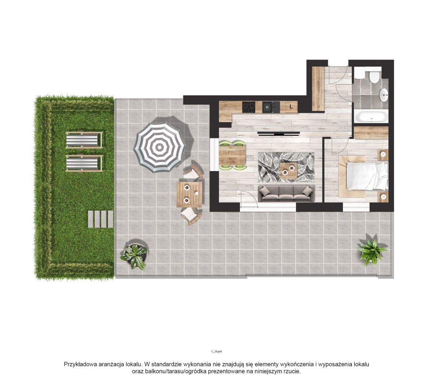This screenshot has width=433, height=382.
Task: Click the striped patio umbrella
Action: point(159,147)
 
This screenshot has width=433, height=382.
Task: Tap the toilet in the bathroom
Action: point(374,77)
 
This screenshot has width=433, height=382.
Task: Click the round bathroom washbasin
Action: point(384,95)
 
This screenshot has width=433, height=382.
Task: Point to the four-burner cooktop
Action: point(249,107)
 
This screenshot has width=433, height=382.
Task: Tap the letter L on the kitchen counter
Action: point(291,107)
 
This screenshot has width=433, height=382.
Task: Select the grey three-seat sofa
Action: point(286,194)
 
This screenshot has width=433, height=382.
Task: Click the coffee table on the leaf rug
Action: point(289,171)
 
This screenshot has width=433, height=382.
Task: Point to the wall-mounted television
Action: point(279,133)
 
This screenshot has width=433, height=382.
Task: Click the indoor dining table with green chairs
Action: point(232,155)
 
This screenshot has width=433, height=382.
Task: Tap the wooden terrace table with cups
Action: point(189,195)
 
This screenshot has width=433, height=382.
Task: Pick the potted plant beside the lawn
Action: point(134,257)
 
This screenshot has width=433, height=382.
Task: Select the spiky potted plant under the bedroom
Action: point(372,252)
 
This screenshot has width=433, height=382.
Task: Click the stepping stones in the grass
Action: point(100,219)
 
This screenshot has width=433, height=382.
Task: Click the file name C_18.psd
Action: point(216,351)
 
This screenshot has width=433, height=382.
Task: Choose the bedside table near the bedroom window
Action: point(383,197)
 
